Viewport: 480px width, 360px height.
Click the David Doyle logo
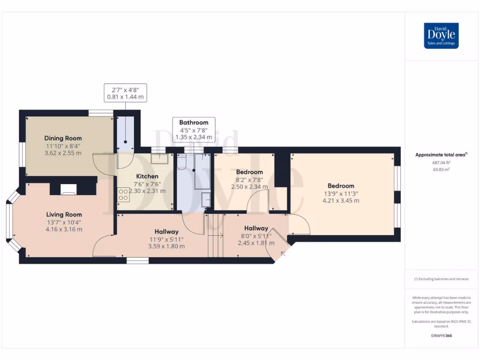pyautogui.click(x=441, y=36)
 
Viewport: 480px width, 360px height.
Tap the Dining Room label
pyautogui.click(x=63, y=138)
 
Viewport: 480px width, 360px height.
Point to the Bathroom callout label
pyautogui.click(x=194, y=123)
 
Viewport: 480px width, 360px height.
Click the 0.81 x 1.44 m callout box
pyautogui.click(x=125, y=93)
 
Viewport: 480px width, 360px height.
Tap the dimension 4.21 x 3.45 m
pyautogui.click(x=341, y=201)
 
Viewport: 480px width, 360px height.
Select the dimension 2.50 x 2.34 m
pyautogui.click(x=249, y=187)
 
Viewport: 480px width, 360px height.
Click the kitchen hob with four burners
pyautogui.click(x=123, y=194)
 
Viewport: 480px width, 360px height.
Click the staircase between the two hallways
pyautogui.click(x=216, y=235)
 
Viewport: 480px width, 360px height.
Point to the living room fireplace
pyautogui.click(x=69, y=189)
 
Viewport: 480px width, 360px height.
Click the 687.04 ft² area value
pyautogui.click(x=441, y=163)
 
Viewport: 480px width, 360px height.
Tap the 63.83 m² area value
pyautogui.click(x=441, y=170)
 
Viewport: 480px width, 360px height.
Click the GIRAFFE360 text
pyautogui.click(x=441, y=336)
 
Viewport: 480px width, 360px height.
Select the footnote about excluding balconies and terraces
pyautogui.click(x=441, y=279)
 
